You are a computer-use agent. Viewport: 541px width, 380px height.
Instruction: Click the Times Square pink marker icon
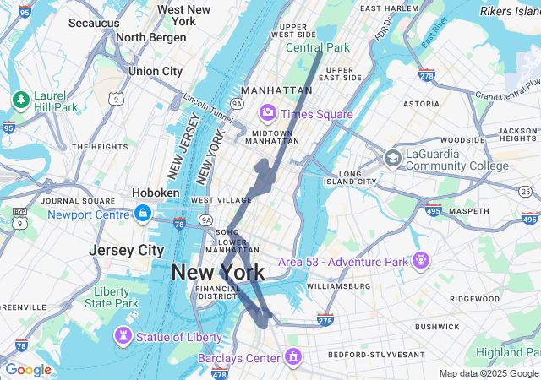pyautogui.click(x=268, y=112)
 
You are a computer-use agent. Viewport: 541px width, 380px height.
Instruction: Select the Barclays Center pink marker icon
pyautogui.click(x=293, y=356)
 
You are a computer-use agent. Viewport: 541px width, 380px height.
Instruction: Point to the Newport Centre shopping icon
pyautogui.click(x=143, y=213)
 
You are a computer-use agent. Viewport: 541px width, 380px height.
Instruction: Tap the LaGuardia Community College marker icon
pyautogui.click(x=392, y=158)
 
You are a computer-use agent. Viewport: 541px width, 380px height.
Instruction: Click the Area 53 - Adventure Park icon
pyautogui.click(x=420, y=260)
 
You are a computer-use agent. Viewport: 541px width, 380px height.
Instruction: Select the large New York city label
pyautogui.click(x=218, y=272)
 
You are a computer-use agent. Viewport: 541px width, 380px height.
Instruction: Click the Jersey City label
pyautogui.click(x=127, y=251)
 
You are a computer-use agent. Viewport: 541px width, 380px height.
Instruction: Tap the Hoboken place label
pyautogui.click(x=156, y=193)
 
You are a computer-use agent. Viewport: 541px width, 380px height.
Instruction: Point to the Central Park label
pyautogui.click(x=317, y=47)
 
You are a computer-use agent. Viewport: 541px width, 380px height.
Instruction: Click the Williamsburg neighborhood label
pyautogui.click(x=337, y=286)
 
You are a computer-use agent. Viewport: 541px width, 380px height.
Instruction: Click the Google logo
pyautogui.click(x=28, y=370)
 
